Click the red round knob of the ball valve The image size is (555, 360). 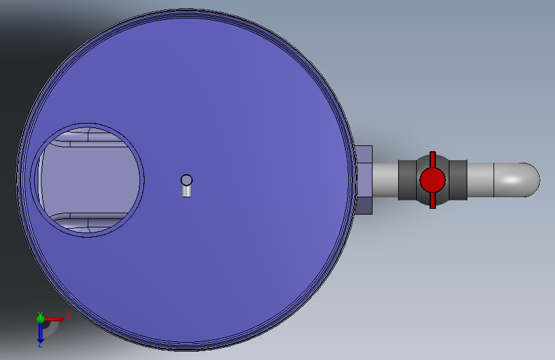click(433, 180)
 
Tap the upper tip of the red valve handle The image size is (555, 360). click(433, 152)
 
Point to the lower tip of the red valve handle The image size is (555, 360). click(433, 208)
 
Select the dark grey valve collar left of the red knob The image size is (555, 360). click(407, 180)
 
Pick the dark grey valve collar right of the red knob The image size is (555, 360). click(458, 180)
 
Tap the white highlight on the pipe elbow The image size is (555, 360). click(512, 179)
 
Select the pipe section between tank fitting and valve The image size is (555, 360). click(385, 180)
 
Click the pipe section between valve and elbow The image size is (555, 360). click(480, 180)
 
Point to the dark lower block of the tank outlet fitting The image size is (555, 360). click(364, 206)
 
